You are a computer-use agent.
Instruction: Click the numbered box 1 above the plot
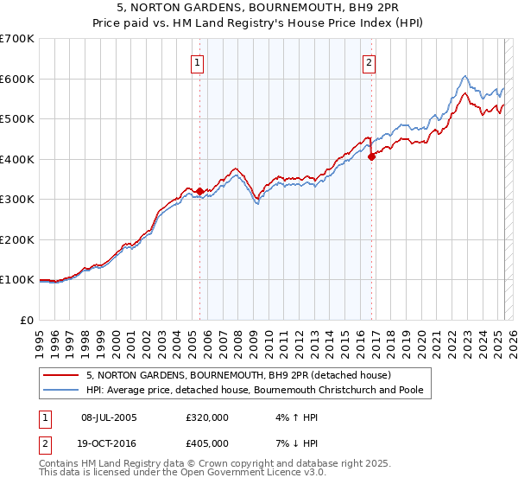pyautogui.click(x=199, y=62)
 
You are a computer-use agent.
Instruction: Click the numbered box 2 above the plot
pyautogui.click(x=370, y=62)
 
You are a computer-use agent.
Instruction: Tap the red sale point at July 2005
pyautogui.click(x=199, y=191)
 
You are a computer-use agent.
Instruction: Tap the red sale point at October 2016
pyautogui.click(x=371, y=157)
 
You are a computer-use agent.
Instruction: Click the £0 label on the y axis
pyautogui.click(x=28, y=320)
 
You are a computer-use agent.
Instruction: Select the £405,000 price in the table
pyautogui.click(x=207, y=443)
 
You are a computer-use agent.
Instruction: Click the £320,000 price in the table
pyautogui.click(x=207, y=417)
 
